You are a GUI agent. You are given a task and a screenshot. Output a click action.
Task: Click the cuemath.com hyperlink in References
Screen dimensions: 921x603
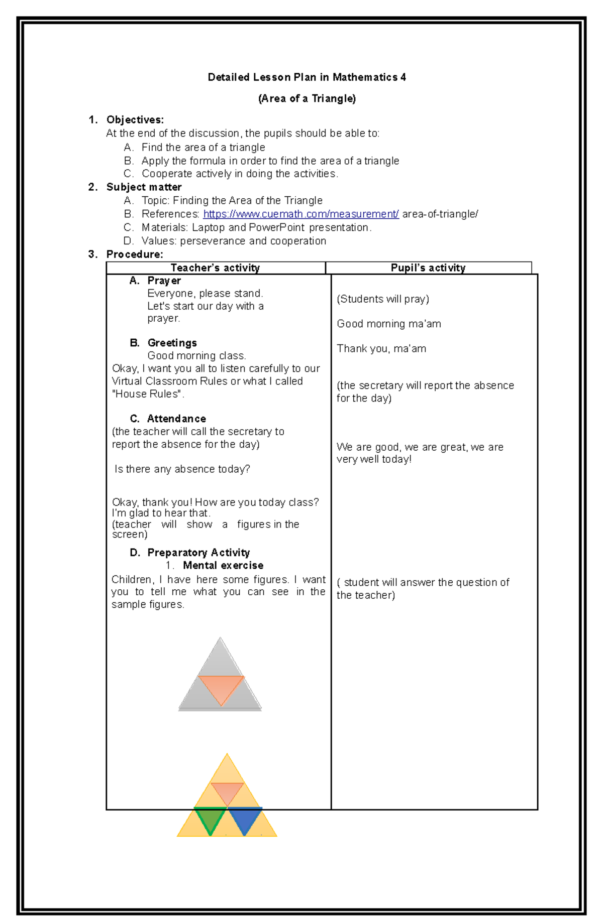click(x=300, y=214)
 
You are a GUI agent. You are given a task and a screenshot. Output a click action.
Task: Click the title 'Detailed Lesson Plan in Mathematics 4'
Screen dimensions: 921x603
click(x=307, y=77)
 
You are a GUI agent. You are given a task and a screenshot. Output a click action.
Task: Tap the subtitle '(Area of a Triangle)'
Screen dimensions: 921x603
click(x=307, y=98)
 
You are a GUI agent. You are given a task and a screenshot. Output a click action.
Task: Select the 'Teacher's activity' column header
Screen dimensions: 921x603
click(x=215, y=268)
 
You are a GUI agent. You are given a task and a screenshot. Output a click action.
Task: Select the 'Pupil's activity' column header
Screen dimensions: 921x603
click(x=428, y=268)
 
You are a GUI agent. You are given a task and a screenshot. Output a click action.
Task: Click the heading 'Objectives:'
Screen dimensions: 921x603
click(x=135, y=120)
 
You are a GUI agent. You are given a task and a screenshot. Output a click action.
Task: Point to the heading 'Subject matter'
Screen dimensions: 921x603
click(x=144, y=187)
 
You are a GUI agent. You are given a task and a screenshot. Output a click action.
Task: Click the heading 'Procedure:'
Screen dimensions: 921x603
click(x=134, y=254)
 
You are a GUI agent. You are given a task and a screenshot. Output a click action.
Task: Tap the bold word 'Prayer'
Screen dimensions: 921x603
click(x=164, y=281)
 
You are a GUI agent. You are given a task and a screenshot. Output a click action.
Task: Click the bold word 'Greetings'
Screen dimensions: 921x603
click(x=172, y=343)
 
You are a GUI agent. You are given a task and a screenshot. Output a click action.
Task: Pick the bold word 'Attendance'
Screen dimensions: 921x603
click(x=176, y=419)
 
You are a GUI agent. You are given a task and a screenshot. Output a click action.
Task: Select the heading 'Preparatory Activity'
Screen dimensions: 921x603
click(x=198, y=553)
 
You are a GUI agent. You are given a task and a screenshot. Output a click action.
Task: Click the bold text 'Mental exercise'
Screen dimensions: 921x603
click(x=223, y=566)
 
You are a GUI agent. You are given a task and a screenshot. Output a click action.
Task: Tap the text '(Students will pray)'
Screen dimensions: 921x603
click(x=382, y=299)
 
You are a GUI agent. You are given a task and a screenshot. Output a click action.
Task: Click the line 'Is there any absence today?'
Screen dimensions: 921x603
click(x=182, y=469)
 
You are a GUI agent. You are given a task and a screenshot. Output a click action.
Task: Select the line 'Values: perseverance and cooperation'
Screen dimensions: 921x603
click(x=234, y=241)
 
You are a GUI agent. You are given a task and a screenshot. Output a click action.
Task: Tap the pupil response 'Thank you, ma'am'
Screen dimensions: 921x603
click(x=381, y=349)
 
